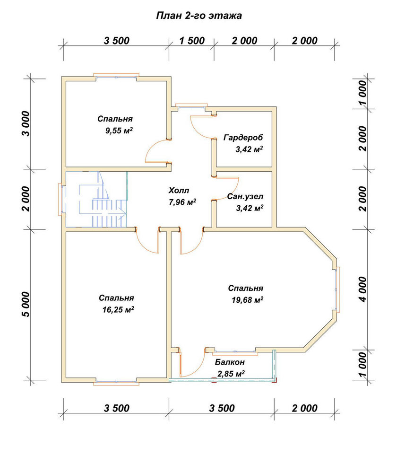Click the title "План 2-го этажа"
click(198, 16)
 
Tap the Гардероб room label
click(243, 138)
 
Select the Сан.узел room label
click(245, 196)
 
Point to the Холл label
click(179, 190)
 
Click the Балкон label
click(230, 362)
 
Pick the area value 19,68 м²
click(248, 300)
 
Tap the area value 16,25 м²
click(118, 309)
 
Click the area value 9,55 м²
click(119, 131)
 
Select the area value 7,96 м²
click(183, 202)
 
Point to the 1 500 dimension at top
click(192, 40)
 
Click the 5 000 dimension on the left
click(26, 304)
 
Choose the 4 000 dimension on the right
click(363, 289)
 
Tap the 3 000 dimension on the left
click(26, 123)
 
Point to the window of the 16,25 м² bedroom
click(116, 382)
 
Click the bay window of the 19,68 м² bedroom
click(337, 289)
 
